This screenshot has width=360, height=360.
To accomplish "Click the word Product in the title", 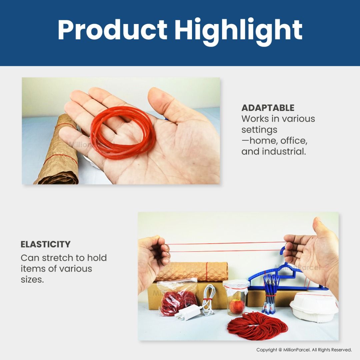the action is [112, 30].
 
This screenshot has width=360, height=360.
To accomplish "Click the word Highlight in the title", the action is [238, 32].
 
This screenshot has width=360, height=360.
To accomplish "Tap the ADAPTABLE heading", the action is [268, 108].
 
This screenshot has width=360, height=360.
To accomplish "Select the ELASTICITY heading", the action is [45, 244].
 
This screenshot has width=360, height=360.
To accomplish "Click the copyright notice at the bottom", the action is [304, 350].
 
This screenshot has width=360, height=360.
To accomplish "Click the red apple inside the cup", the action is [237, 307].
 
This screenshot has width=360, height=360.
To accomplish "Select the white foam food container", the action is [314, 307].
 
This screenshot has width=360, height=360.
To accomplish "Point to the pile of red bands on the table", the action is [257, 326].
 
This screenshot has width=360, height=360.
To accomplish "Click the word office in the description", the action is [294, 141].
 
